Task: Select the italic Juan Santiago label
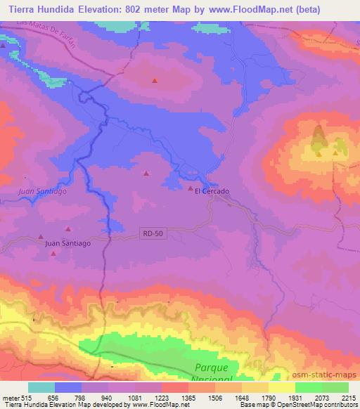point(41,190)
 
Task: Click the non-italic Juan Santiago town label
point(67,243)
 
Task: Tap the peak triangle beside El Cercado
point(190,188)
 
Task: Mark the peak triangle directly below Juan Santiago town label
point(53,253)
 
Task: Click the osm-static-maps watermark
point(330,377)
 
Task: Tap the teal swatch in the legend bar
point(41,387)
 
